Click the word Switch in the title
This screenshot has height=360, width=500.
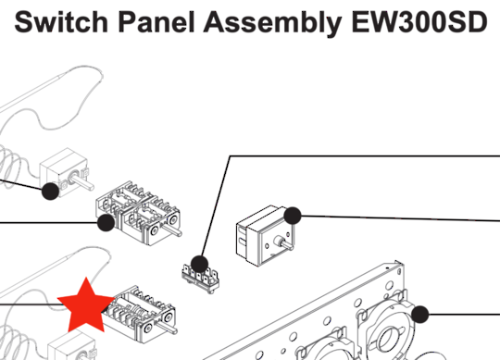pos(61,21)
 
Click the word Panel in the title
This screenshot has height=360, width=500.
pos(156,21)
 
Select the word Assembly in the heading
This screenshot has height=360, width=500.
pos(272,23)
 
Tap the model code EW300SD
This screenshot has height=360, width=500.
pos(419,21)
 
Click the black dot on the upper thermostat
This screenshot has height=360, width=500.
pos(50,192)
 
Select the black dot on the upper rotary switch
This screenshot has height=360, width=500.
pos(106,223)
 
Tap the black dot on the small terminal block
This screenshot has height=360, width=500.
pos(200,264)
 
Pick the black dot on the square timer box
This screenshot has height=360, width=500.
pos(293,216)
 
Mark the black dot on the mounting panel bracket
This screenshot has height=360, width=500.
pos(420,314)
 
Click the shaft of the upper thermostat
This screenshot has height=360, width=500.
pos(83,181)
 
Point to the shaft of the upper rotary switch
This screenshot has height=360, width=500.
pos(175,231)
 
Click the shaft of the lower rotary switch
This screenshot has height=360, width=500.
pos(169,329)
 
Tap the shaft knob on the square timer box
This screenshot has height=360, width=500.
pos(285,243)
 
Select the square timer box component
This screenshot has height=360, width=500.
pos(266,236)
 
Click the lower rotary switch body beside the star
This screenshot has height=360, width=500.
pos(141,314)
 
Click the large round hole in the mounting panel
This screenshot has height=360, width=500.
pos(387,339)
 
